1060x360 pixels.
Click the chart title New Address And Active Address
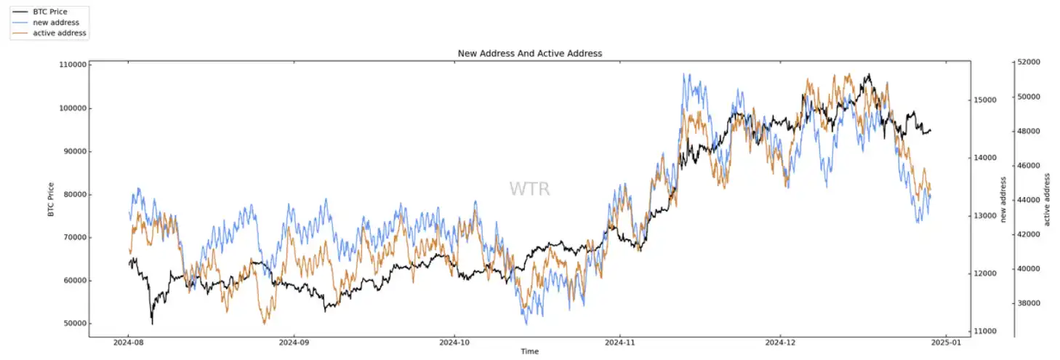click(529, 54)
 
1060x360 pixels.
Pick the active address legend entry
click(59, 33)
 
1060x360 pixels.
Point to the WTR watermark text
click(529, 189)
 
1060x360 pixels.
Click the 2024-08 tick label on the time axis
click(128, 342)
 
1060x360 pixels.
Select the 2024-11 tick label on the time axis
click(619, 342)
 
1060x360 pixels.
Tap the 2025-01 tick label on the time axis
click(946, 342)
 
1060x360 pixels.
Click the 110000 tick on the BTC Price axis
click(71, 65)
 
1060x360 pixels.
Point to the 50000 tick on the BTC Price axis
click(73, 324)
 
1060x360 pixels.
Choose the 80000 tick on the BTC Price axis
click(73, 194)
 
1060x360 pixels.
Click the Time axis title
click(529, 352)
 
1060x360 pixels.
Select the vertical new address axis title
click(1004, 200)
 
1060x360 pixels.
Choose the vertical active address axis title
click(1048, 200)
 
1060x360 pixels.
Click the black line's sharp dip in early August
click(152, 322)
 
